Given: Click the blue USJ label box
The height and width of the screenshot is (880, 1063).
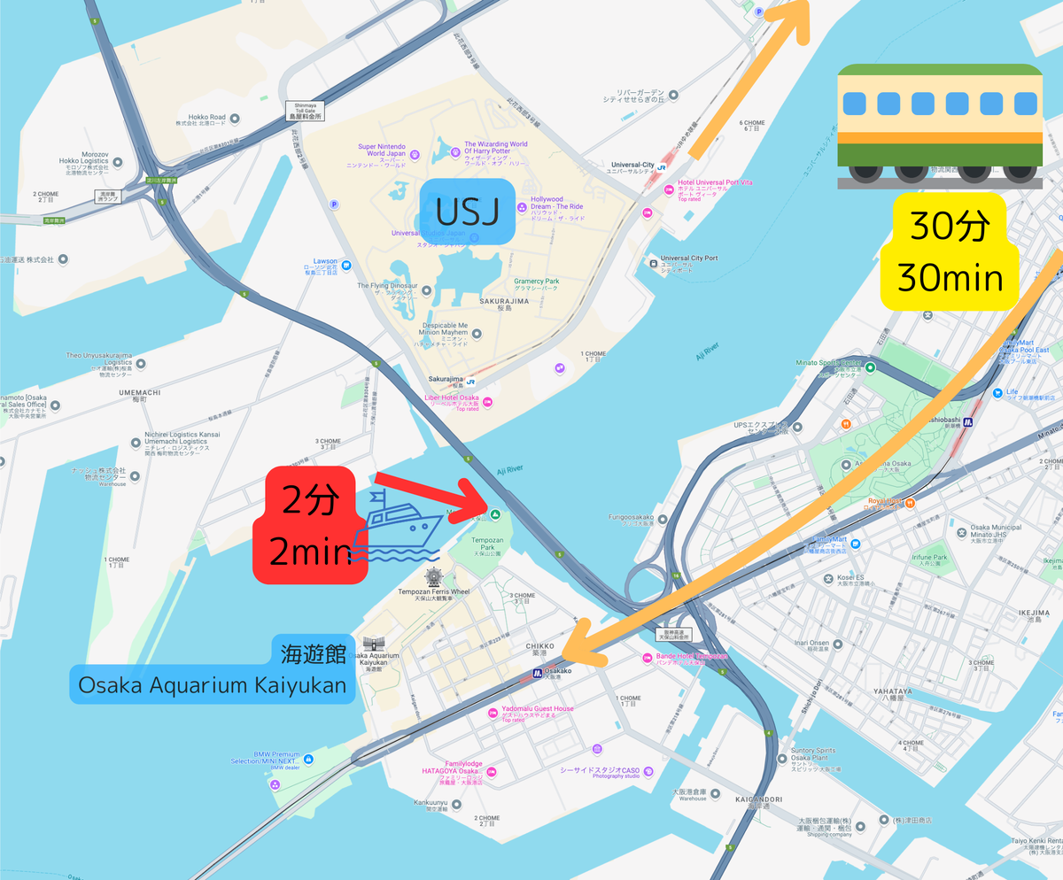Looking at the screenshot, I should (467, 212).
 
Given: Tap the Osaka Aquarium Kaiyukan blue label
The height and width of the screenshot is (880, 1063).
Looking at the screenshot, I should (213, 683).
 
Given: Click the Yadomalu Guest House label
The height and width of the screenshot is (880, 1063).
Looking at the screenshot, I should (537, 713).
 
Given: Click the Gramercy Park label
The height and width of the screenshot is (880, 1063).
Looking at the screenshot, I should (536, 285).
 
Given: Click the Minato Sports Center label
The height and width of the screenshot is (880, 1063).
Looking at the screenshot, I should (826, 364).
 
